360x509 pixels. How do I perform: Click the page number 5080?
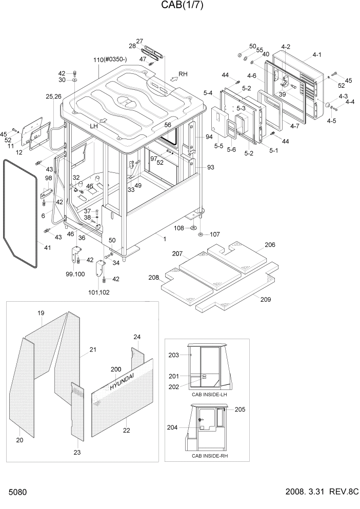click(17, 492)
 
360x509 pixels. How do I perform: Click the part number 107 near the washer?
click(214, 234)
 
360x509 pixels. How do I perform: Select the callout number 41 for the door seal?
click(47, 248)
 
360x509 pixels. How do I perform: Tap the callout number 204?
click(172, 427)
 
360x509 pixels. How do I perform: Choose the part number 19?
click(41, 313)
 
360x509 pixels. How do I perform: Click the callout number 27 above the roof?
click(139, 41)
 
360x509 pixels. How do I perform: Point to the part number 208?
click(153, 277)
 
